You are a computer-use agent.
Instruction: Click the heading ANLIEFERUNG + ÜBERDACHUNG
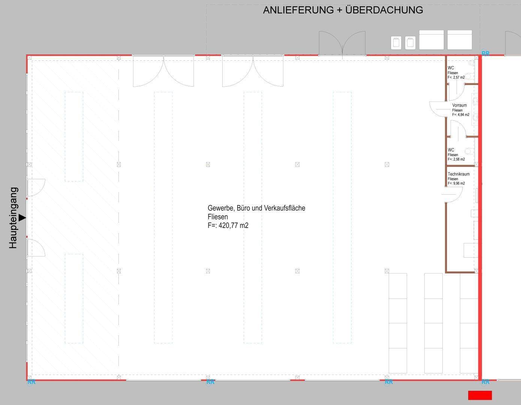[x=343, y=10]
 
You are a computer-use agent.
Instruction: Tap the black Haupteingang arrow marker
[x=22, y=218]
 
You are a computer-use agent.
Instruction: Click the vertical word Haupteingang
[x=13, y=218]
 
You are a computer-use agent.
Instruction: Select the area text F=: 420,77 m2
[x=228, y=225]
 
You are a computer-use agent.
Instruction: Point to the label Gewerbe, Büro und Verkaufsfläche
[x=256, y=208]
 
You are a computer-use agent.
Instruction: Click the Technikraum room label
[x=459, y=174]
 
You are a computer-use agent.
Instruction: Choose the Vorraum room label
[x=460, y=105]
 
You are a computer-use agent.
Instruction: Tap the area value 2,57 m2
[x=459, y=78]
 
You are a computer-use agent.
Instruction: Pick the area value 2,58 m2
[x=459, y=159]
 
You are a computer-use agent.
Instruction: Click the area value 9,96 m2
[x=459, y=183]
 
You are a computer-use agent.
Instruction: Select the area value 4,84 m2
[x=463, y=115]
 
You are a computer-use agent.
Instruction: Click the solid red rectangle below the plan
[x=480, y=395]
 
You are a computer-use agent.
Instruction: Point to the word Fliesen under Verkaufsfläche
[x=218, y=217]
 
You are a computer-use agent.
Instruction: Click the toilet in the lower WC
[x=469, y=151]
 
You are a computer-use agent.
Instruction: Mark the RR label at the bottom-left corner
[x=31, y=382]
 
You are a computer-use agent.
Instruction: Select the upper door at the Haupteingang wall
[x=36, y=187]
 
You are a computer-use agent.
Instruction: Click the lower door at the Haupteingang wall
[x=36, y=247]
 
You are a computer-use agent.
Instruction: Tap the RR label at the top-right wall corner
[x=485, y=53]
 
